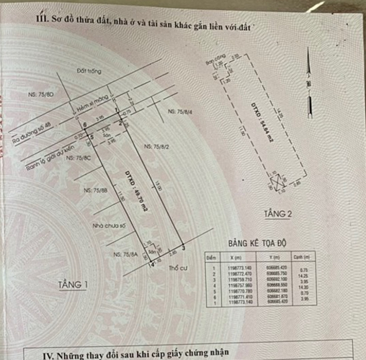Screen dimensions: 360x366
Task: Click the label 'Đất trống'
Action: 85,71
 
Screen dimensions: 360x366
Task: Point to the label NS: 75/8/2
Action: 158,147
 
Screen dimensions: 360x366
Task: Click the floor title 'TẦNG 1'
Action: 73,285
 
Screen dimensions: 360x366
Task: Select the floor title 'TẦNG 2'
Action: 278,214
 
